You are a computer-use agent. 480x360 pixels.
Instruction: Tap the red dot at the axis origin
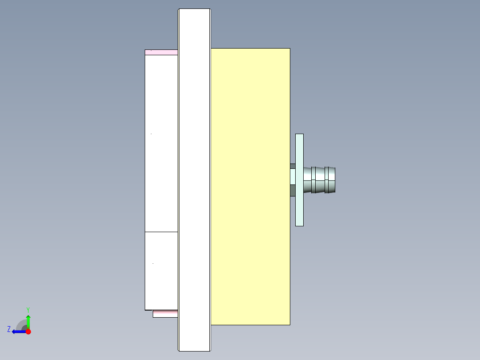coord(28,331)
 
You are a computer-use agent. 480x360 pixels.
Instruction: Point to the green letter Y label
coord(28,310)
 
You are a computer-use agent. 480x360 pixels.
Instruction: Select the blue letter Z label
coord(9,329)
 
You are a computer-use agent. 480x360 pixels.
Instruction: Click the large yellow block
coord(250,186)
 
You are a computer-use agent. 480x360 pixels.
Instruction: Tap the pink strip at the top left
coord(161,53)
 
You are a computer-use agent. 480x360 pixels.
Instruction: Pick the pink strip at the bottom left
coord(165,314)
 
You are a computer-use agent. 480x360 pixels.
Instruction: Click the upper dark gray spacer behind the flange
coord(293,166)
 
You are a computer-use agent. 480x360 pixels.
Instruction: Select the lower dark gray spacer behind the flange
coord(293,191)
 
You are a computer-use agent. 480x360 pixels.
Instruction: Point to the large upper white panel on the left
coord(161,143)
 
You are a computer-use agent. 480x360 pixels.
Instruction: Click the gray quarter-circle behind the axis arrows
coord(21,325)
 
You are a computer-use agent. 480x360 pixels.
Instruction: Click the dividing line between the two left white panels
coord(161,232)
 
